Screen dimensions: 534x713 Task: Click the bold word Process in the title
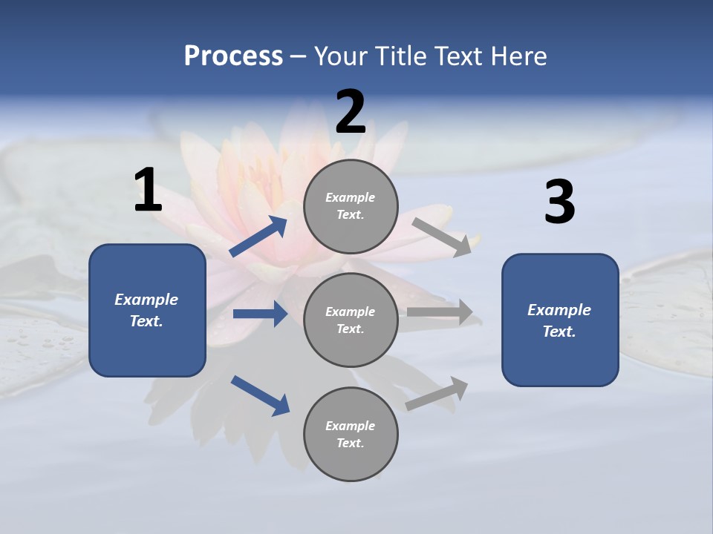(x=233, y=56)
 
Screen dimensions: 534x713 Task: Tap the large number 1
(x=148, y=191)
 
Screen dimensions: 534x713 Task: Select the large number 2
(x=351, y=113)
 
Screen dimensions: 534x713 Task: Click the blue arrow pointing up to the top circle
(x=258, y=237)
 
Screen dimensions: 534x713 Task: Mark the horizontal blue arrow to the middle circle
(x=260, y=314)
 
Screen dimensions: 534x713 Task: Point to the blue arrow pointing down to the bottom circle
(x=260, y=395)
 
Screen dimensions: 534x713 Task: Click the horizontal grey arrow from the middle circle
(x=440, y=311)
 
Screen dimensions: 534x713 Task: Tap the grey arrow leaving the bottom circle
(x=437, y=394)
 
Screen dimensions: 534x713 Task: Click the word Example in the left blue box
(x=146, y=300)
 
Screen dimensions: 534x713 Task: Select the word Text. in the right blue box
(x=559, y=332)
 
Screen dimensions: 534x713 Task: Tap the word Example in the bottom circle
(x=350, y=426)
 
